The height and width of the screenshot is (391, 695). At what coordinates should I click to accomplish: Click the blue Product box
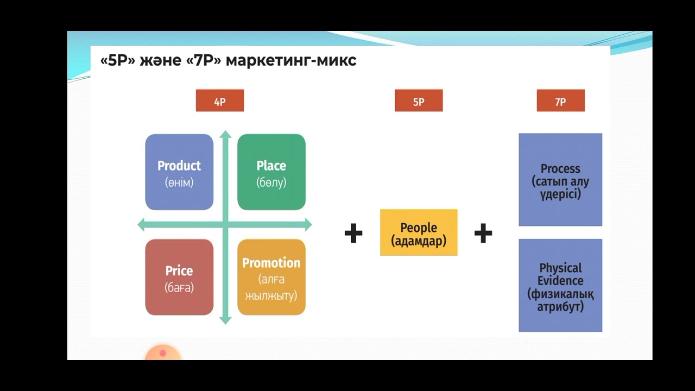pos(179,172)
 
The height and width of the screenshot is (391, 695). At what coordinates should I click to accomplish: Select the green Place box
pos(271,172)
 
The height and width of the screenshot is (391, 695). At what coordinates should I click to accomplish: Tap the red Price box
pos(179,277)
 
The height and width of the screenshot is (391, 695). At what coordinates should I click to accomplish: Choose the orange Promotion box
pos(271,277)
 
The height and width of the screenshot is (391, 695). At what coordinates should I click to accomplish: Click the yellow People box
pos(419,232)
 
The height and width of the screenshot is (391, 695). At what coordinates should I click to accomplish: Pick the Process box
pos(560,179)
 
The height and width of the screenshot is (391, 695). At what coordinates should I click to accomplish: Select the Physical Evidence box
pos(560,285)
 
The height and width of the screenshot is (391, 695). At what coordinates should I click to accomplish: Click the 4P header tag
pos(220,101)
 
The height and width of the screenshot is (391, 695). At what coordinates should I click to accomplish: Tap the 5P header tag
pos(419,101)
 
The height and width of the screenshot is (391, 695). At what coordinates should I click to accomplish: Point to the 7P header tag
pos(560,101)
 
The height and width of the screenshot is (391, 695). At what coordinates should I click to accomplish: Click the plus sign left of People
pos(353,234)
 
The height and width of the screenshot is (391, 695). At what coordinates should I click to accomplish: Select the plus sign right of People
pos(483,234)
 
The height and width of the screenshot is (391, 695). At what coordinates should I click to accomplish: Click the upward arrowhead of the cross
pos(225,134)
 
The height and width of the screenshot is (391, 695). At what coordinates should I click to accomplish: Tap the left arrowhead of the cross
pos(142,224)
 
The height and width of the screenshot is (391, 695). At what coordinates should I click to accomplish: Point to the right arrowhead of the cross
pos(308,224)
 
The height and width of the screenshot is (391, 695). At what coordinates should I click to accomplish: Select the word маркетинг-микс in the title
pos(291,60)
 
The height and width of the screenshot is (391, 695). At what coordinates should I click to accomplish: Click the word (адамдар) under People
pos(419,241)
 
